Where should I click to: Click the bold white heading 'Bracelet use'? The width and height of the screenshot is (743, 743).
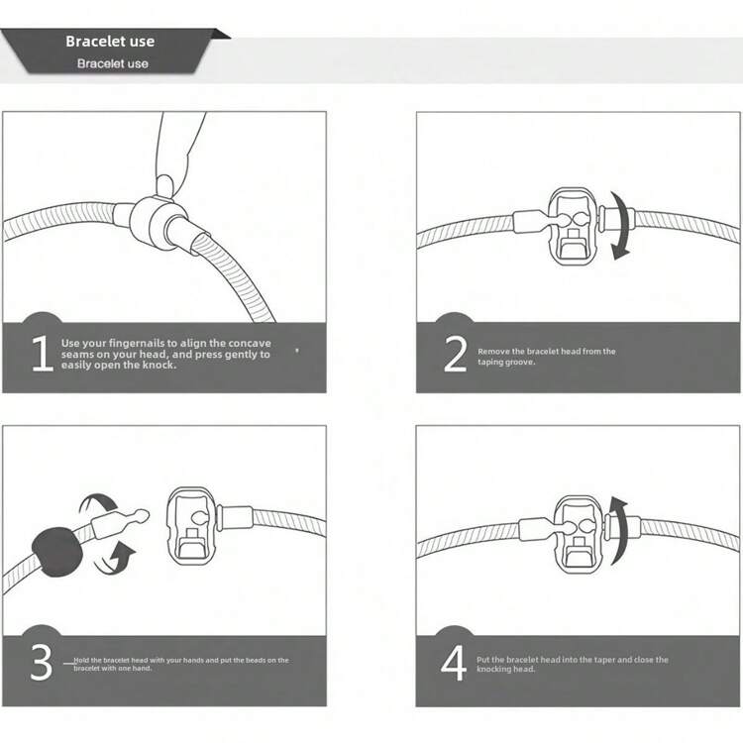pyautogui.click(x=110, y=42)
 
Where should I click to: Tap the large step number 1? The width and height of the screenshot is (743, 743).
pyautogui.click(x=43, y=353)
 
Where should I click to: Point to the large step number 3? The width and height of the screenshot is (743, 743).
pyautogui.click(x=42, y=662)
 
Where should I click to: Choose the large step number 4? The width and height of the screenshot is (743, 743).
pyautogui.click(x=454, y=663)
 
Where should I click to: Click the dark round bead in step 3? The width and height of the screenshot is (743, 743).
pyautogui.click(x=57, y=552)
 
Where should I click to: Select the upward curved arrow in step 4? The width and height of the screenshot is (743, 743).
pyautogui.click(x=619, y=531)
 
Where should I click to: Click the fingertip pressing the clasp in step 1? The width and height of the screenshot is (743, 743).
pyautogui.click(x=164, y=186)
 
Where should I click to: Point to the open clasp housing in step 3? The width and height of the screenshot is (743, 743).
pyautogui.click(x=192, y=527)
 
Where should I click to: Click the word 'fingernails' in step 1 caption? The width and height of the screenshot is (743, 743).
pyautogui.click(x=137, y=343)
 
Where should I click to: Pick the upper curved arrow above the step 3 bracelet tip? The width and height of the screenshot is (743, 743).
pyautogui.click(x=98, y=504)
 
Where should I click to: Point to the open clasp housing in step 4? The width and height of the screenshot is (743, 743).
pyautogui.click(x=580, y=534)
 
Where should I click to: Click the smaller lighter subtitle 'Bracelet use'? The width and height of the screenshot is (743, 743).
pyautogui.click(x=113, y=63)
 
